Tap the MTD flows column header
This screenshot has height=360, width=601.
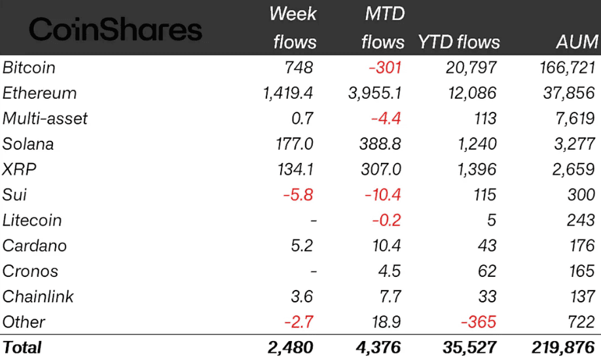click(x=383, y=28)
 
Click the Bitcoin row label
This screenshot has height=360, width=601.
click(x=29, y=67)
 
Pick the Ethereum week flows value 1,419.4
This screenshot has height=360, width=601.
click(x=288, y=93)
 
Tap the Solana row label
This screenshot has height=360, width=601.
click(x=28, y=144)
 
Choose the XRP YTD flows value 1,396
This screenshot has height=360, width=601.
click(x=475, y=170)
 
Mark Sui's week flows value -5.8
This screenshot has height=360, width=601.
click(x=300, y=195)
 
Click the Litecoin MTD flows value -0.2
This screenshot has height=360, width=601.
click(x=386, y=221)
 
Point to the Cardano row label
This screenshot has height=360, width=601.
click(x=34, y=246)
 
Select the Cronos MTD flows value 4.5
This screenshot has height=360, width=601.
click(x=391, y=272)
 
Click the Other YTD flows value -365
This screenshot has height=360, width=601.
click(x=478, y=323)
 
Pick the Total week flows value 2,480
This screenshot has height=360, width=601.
click(x=290, y=348)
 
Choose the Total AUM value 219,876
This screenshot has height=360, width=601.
click(x=563, y=348)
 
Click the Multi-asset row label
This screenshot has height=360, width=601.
click(x=45, y=118)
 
